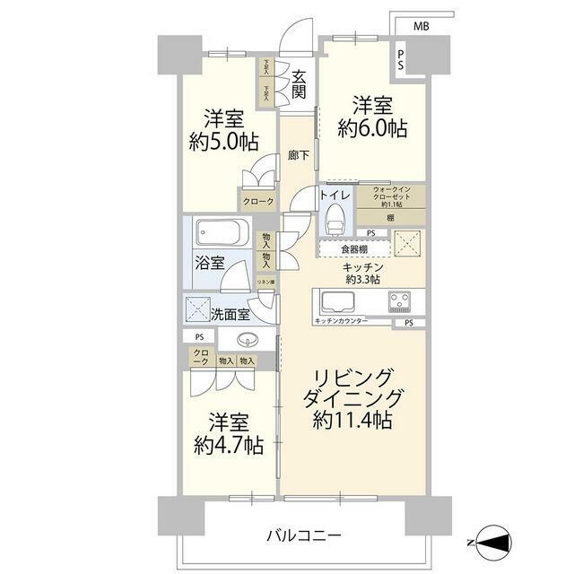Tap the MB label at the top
click(x=420, y=26)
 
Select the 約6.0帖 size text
click(x=372, y=128)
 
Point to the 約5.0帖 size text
click(x=224, y=141)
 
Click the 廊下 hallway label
click(x=299, y=155)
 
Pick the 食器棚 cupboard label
click(x=340, y=250)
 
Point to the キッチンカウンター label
click(x=342, y=320)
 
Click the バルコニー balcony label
click(x=303, y=535)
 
